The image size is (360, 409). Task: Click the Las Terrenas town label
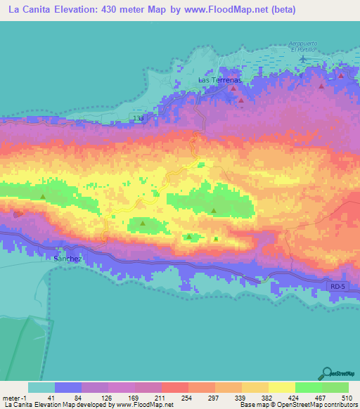point(220,81)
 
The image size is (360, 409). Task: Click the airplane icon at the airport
point(303,57)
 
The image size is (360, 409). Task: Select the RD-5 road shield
point(338,287)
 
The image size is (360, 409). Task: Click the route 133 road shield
point(138,118)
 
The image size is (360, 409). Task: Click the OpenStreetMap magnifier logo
point(328,374)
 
